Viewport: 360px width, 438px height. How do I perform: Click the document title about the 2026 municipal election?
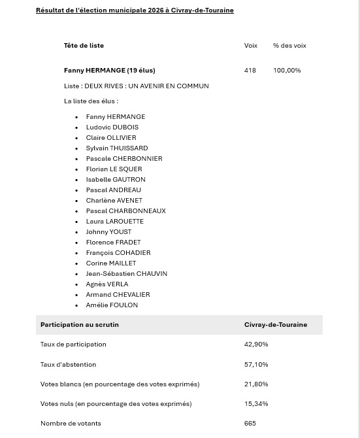click(135, 10)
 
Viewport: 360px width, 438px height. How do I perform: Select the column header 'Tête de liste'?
click(84, 46)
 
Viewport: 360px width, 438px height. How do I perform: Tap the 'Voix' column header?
click(251, 46)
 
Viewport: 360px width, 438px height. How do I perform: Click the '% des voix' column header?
click(289, 46)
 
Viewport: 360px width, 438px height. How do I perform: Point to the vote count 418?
click(250, 71)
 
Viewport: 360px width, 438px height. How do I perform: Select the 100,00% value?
click(287, 71)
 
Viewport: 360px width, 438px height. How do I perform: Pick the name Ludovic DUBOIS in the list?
click(112, 127)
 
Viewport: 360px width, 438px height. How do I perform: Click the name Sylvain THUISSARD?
click(117, 148)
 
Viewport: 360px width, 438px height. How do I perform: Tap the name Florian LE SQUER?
click(114, 169)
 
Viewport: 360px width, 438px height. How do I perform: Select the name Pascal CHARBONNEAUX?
click(125, 211)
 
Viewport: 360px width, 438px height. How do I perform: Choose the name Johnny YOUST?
click(108, 232)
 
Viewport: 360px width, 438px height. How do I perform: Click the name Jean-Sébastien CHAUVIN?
click(126, 274)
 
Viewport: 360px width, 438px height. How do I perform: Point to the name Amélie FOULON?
click(112, 305)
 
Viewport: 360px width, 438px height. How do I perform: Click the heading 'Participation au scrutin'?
click(80, 325)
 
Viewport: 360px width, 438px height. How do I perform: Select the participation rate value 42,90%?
click(256, 345)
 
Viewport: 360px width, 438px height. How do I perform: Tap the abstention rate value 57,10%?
click(256, 365)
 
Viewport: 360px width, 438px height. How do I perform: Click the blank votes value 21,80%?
click(256, 384)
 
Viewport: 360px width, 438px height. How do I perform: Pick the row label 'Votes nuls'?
click(116, 404)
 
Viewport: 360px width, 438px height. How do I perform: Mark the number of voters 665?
click(250, 424)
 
